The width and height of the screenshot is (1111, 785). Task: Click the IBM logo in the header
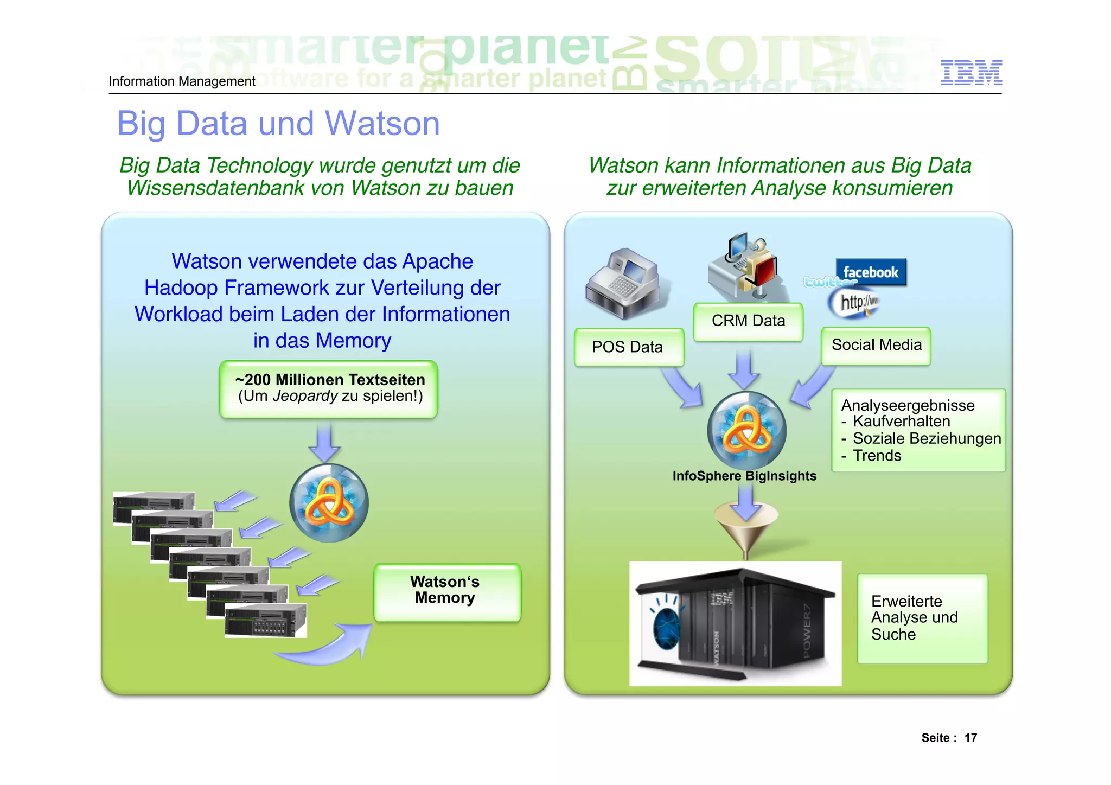[971, 73]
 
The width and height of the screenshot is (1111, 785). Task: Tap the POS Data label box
[628, 347]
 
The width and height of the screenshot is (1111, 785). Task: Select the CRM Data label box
[748, 321]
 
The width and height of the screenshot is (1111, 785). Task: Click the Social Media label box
[876, 346]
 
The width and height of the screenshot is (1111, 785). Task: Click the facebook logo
[871, 272]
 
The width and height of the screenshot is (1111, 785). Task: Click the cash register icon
[624, 284]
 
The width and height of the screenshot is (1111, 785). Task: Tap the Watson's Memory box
[446, 592]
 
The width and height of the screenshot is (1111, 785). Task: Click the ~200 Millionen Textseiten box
[329, 389]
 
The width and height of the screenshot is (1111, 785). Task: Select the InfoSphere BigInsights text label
[744, 476]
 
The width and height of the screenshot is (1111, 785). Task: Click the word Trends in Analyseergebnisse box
[877, 456]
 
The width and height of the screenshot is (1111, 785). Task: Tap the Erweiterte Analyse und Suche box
[922, 618]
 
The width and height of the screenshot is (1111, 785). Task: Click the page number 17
[970, 738]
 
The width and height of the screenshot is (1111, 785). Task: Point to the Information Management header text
[182, 81]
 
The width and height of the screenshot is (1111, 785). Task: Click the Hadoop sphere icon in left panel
[329, 503]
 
